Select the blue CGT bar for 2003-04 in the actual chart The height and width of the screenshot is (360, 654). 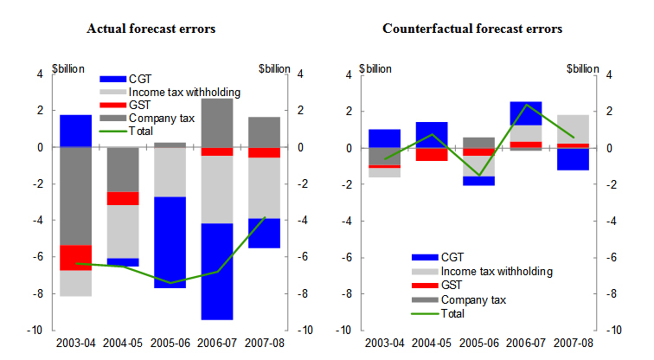pos(75,131)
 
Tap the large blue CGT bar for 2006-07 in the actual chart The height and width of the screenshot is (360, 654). pos(217,271)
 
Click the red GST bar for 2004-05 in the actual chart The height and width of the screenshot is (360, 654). pos(123,198)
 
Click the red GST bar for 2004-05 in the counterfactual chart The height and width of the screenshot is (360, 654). pos(432,154)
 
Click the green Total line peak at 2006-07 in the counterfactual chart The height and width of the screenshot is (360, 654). pos(525,105)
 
